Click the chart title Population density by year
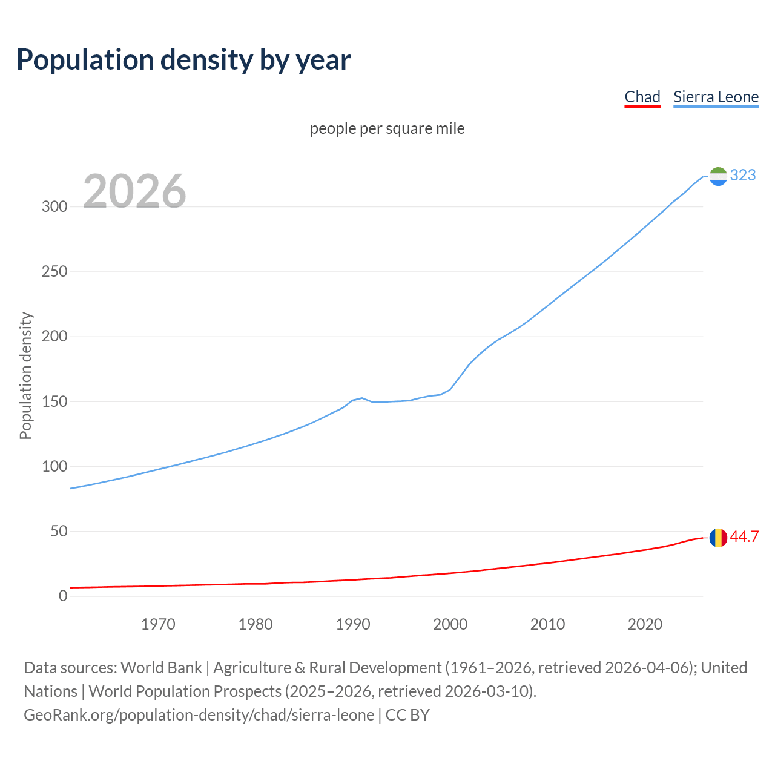[x=183, y=60]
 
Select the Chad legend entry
[x=642, y=97]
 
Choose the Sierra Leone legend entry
[x=716, y=97]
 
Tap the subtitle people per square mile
[x=387, y=128]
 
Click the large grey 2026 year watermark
[x=134, y=191]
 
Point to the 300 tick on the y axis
[x=54, y=206]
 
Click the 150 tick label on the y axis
[x=54, y=401]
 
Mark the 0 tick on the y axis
[x=63, y=596]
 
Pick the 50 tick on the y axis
[x=59, y=531]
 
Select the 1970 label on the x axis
[x=158, y=624]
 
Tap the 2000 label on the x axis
[x=450, y=624]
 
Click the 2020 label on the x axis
[x=645, y=624]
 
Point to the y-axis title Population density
[x=25, y=375]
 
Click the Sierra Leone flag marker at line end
[x=718, y=176]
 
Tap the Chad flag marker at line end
[x=718, y=538]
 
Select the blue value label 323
[x=743, y=175]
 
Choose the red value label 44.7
[x=744, y=537]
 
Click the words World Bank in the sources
[x=161, y=667]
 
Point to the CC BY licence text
[x=407, y=714]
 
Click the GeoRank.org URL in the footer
[x=199, y=714]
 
